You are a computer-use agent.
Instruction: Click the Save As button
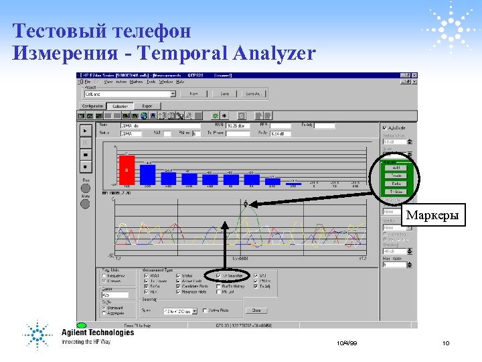point(253,94)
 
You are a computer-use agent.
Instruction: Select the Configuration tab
point(93,106)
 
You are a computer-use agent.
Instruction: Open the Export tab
point(147,106)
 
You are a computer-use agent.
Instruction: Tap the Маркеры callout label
point(432,216)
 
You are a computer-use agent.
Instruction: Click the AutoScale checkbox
point(384,128)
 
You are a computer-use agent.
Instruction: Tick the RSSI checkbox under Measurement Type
point(146,275)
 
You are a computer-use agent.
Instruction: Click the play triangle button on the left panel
point(85,131)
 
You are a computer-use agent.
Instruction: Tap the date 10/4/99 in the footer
point(347,343)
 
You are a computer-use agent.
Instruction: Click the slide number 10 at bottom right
point(445,343)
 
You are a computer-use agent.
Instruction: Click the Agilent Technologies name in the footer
point(98,333)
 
